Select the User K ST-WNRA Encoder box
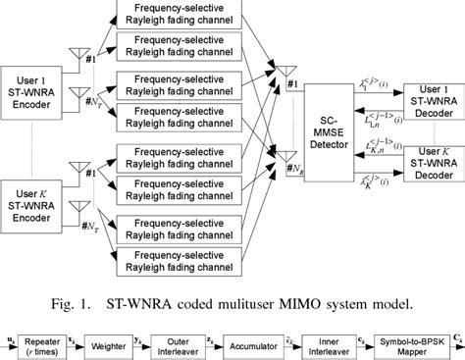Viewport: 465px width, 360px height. (33, 200)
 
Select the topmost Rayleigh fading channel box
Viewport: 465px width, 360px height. (180, 14)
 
